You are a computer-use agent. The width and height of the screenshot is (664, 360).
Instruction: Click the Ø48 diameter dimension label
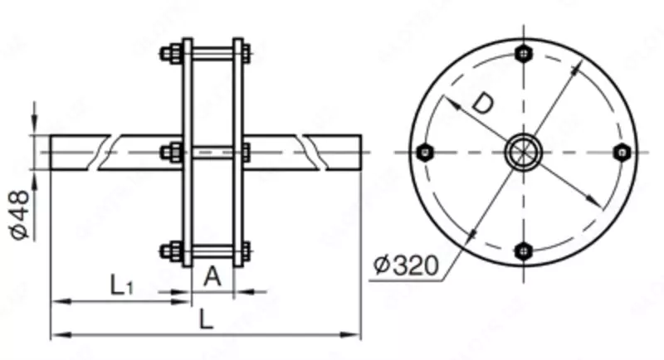(20, 215)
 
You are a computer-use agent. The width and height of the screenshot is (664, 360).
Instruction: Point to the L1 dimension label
(121, 285)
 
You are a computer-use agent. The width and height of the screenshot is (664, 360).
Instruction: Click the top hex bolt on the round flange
(523, 54)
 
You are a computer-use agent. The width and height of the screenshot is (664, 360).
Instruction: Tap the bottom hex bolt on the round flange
(523, 250)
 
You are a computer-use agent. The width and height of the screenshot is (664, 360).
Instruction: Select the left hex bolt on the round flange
(425, 152)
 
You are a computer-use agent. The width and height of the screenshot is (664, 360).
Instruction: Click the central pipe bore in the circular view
(523, 152)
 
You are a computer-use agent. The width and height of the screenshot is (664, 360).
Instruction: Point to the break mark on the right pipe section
(312, 152)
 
